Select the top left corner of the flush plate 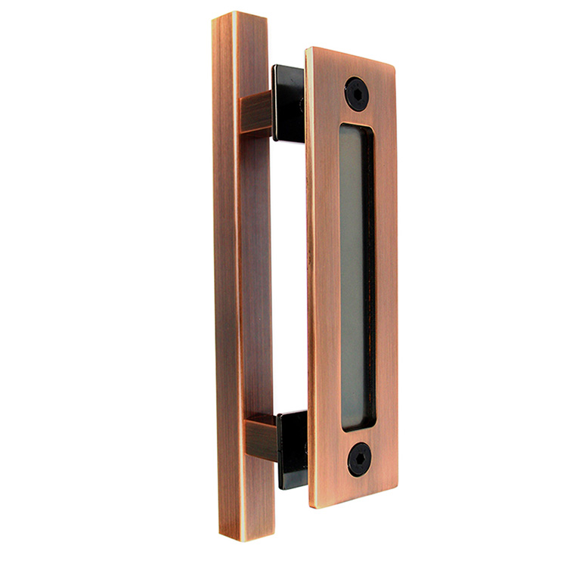click(308, 51)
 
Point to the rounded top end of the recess click(356, 127)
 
